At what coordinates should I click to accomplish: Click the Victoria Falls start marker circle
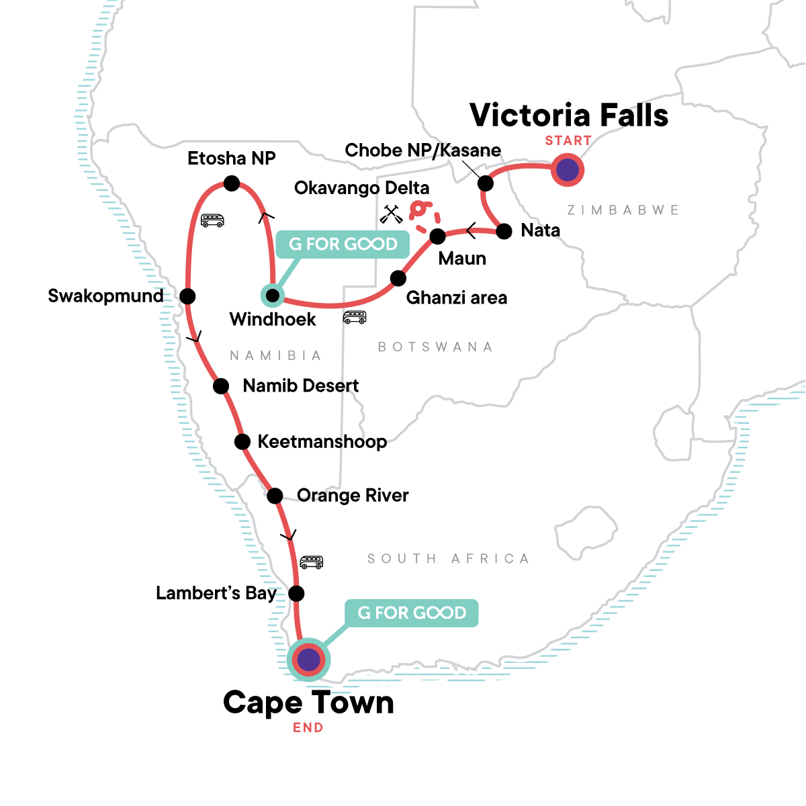(x=568, y=170)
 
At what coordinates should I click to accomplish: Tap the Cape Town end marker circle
(x=308, y=660)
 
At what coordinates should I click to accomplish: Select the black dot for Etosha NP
(x=231, y=183)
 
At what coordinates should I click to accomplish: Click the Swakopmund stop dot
(x=187, y=296)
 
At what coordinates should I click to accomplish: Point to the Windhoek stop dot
(x=272, y=296)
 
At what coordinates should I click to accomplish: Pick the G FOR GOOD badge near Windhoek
(x=343, y=244)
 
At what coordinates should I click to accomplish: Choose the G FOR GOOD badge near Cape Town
(x=411, y=613)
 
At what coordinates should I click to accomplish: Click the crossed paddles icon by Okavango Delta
(x=391, y=214)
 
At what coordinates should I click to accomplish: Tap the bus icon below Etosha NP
(x=212, y=220)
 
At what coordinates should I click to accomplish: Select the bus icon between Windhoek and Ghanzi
(x=355, y=317)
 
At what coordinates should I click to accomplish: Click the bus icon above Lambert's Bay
(x=311, y=562)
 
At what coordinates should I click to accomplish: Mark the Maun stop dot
(x=437, y=236)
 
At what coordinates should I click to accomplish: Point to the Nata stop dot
(x=504, y=232)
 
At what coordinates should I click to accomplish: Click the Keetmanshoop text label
(x=322, y=442)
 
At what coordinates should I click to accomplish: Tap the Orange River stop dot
(x=275, y=496)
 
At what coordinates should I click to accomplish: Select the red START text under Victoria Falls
(x=568, y=140)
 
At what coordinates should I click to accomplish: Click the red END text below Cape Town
(x=308, y=727)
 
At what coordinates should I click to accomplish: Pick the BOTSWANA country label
(x=435, y=347)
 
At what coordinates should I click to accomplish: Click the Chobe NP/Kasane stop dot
(x=484, y=183)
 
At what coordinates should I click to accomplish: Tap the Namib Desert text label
(x=301, y=386)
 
